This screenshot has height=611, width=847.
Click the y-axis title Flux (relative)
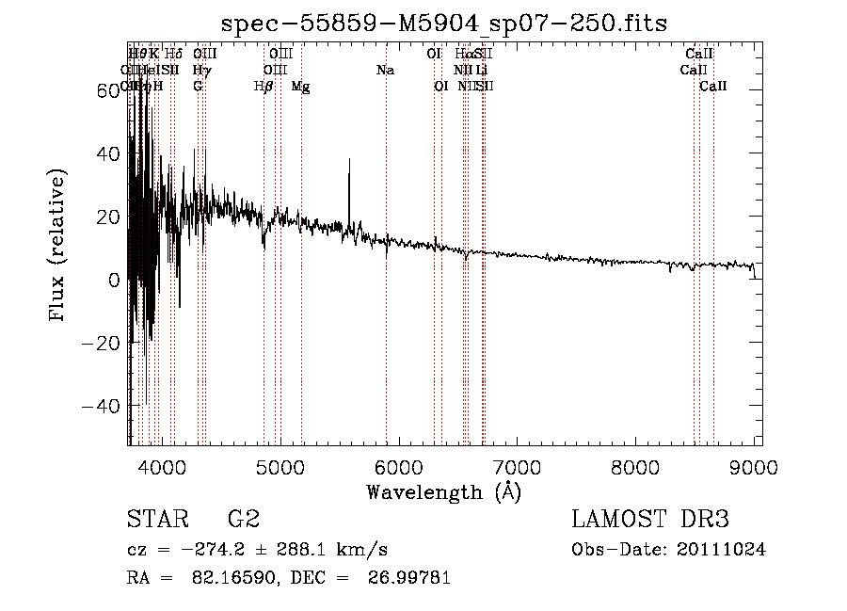click(58, 247)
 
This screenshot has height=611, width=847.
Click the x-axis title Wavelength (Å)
click(443, 491)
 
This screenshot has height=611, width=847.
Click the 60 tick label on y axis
click(107, 90)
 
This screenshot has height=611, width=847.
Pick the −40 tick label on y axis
click(102, 406)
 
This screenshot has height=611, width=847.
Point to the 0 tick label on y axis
click(113, 280)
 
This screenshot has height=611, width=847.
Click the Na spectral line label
click(385, 71)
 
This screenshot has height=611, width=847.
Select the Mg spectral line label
click(300, 87)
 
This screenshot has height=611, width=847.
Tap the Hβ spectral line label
click(264, 87)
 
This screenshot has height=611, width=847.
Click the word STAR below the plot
click(156, 519)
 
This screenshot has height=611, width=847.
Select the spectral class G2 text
click(244, 519)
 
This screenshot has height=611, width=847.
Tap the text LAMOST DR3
click(650, 519)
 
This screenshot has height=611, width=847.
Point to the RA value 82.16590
click(227, 578)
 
